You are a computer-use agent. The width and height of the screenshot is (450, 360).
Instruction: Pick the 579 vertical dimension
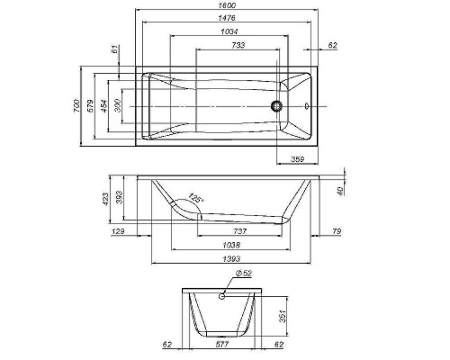pos(90,104)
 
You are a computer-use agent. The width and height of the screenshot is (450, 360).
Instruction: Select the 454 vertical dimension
pos(104,104)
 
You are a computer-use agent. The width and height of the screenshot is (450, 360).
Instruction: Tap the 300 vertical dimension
pos(119,105)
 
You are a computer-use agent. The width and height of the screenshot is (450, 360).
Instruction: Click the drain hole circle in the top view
pos(277,105)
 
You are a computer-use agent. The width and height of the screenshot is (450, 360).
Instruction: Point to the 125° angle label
pos(195,201)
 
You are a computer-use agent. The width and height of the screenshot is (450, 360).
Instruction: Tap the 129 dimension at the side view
pos(118,231)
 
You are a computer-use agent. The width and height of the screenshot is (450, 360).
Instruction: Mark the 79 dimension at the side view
pos(335,231)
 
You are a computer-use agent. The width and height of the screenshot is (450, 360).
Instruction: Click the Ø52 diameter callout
pos(242,273)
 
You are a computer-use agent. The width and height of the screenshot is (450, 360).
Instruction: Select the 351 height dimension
pos(281,316)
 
